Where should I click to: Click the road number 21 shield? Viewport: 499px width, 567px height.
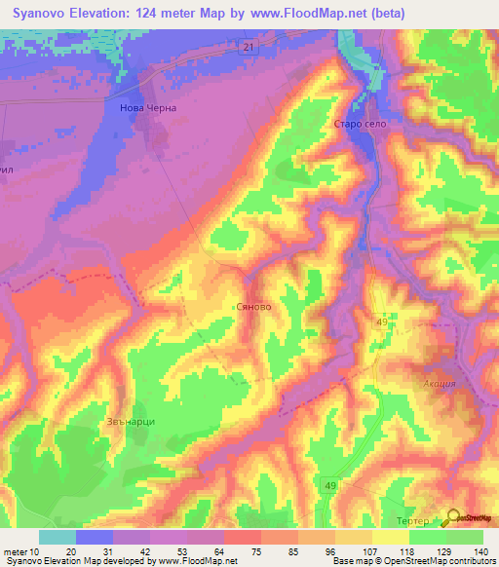pos(249,47)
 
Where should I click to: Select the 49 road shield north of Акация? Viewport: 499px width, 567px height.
pos(383,321)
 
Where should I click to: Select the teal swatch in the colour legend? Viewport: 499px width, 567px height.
pos(58,537)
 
